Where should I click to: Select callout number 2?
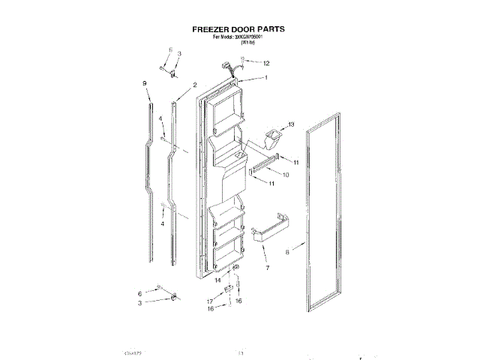[x=195, y=85]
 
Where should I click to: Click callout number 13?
[x=291, y=124]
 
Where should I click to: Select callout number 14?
[x=219, y=280]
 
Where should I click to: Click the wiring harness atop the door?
[x=233, y=71]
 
